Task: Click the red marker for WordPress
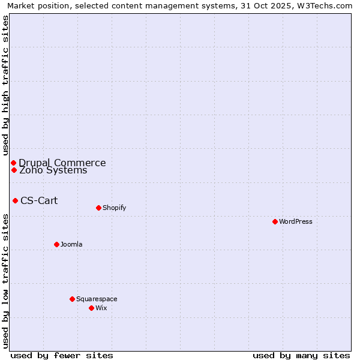(x=275, y=221)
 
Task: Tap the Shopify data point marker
(x=98, y=208)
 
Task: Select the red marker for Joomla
(x=56, y=244)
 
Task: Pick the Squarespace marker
(x=72, y=299)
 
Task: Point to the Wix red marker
(x=91, y=308)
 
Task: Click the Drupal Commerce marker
(x=13, y=163)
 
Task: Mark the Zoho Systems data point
(x=14, y=170)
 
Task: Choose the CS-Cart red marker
(x=15, y=200)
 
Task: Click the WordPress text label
(x=296, y=221)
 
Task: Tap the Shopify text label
(x=114, y=208)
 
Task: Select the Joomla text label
(x=71, y=244)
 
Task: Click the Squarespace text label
(x=97, y=299)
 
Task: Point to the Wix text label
(x=101, y=308)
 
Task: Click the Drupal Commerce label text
(x=62, y=163)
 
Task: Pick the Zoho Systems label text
(x=53, y=170)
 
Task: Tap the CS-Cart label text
(x=39, y=200)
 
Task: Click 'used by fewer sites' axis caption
(x=62, y=355)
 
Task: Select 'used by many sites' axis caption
(x=301, y=355)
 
